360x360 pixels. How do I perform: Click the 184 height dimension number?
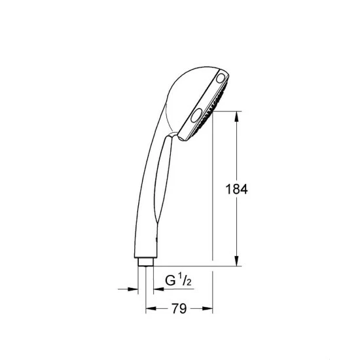[237, 189]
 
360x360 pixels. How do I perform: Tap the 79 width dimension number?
[179, 308]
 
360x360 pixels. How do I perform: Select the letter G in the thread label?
[170, 280]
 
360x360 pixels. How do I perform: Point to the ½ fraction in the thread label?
[185, 279]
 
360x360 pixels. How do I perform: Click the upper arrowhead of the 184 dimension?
[237, 117]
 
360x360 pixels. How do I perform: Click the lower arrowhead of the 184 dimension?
[237, 261]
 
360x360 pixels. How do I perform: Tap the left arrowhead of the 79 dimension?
[151, 308]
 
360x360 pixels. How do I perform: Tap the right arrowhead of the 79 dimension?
[207, 308]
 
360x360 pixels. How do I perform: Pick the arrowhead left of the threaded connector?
[133, 289]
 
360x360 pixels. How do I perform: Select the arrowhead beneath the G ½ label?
[158, 289]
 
